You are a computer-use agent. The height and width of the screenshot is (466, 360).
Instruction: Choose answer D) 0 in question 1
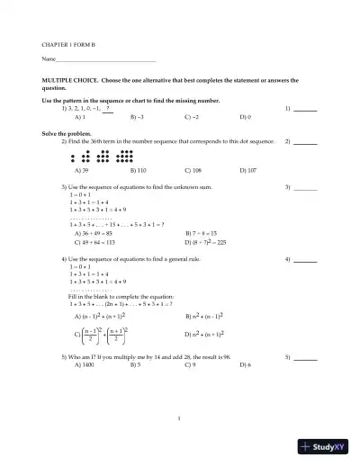click(x=245, y=117)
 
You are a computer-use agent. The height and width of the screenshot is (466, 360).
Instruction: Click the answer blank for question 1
click(x=305, y=109)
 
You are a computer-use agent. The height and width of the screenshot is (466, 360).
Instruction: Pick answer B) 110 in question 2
click(x=139, y=170)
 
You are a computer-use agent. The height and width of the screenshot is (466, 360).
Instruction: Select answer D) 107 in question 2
click(x=247, y=170)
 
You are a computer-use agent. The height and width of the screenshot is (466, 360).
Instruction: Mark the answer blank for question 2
click(x=305, y=142)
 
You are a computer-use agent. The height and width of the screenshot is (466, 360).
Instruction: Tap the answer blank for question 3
click(x=305, y=187)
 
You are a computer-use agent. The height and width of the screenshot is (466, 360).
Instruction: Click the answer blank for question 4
click(x=305, y=260)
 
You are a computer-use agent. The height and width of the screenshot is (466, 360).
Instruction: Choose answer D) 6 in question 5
click(x=245, y=365)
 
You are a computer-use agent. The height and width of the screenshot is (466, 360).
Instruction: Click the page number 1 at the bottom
click(x=180, y=417)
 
